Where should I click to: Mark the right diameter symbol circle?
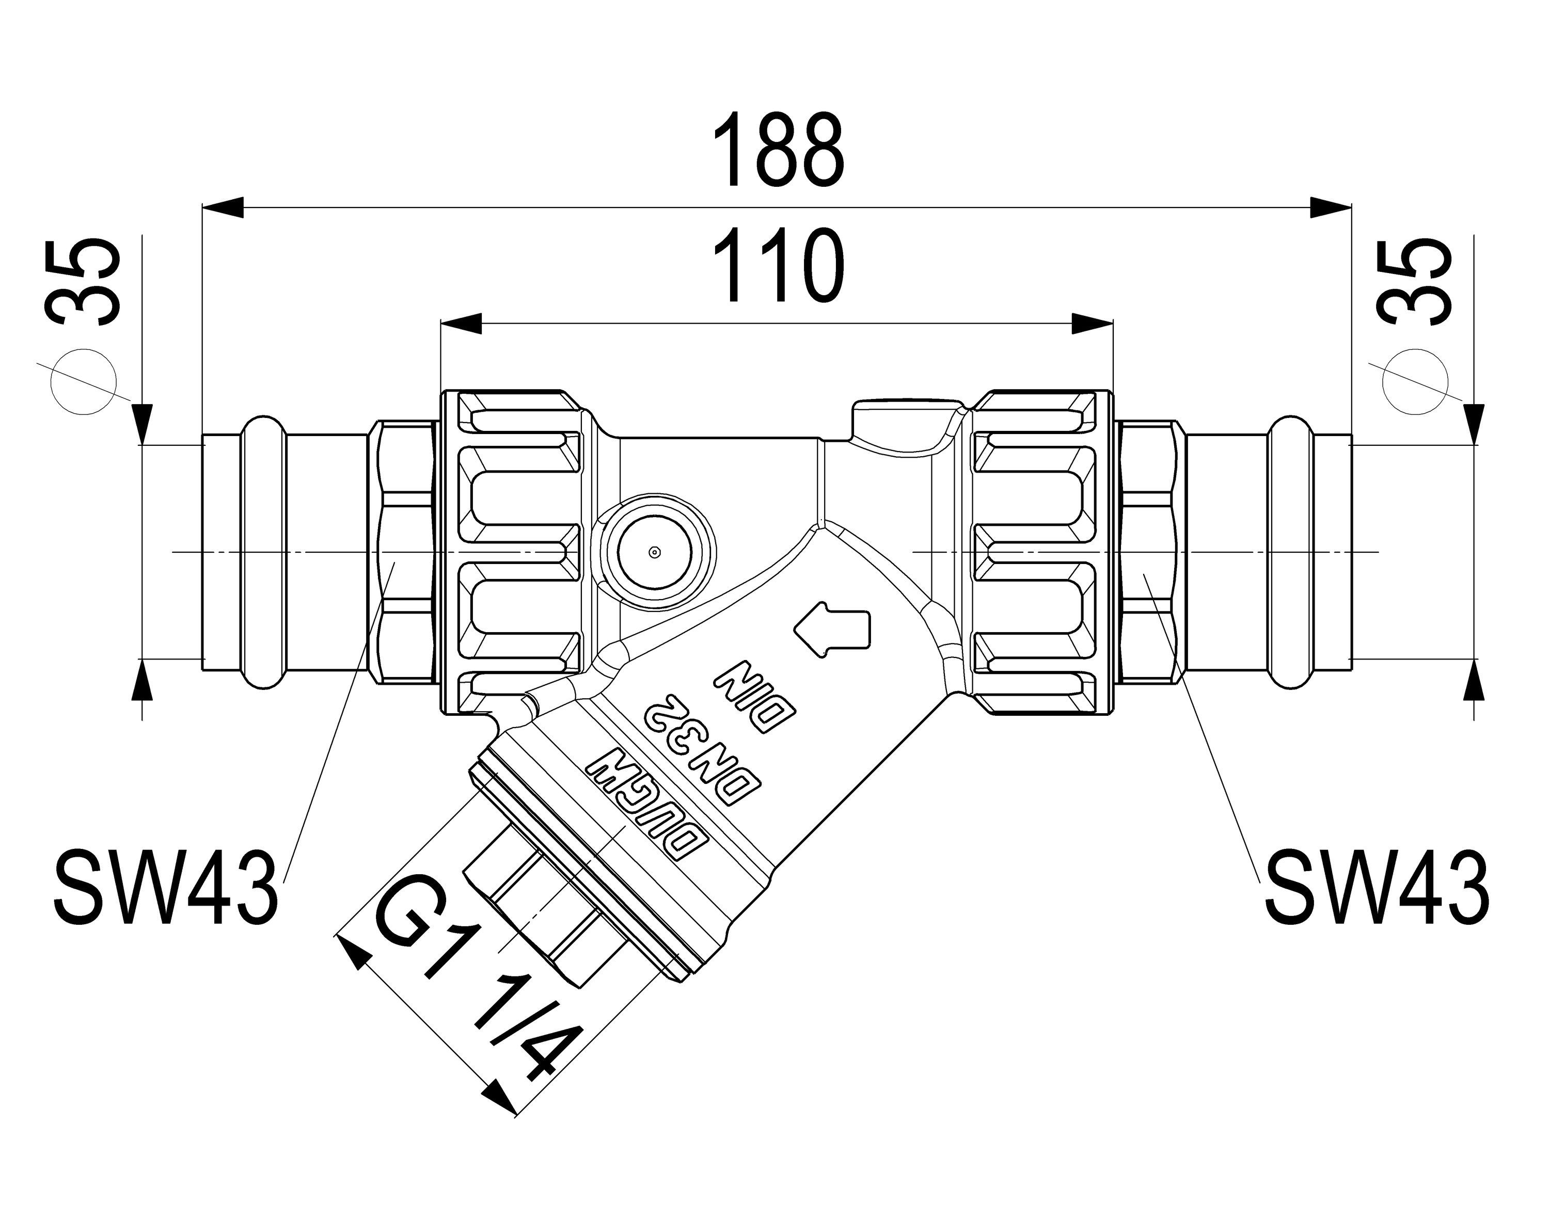(x=1415, y=381)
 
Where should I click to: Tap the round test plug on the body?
(x=652, y=552)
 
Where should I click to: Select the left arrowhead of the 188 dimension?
(x=223, y=208)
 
